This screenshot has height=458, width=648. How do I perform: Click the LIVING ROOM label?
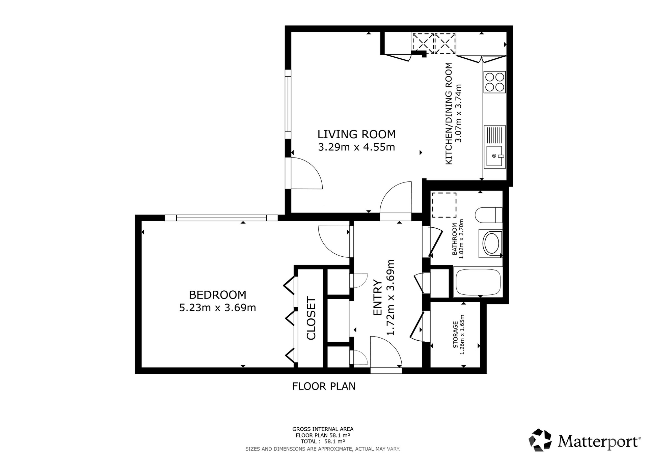[356, 134]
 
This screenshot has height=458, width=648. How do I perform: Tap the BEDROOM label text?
[217, 295]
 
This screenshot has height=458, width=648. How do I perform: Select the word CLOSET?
[311, 318]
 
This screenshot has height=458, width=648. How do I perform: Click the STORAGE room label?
[456, 335]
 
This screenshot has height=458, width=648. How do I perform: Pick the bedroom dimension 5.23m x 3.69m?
[217, 308]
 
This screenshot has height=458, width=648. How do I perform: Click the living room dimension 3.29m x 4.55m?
[356, 147]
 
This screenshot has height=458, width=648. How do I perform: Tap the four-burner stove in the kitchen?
[494, 82]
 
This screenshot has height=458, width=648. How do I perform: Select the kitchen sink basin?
[494, 156]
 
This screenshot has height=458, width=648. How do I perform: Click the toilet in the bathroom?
[488, 215]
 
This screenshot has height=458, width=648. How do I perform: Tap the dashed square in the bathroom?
[444, 205]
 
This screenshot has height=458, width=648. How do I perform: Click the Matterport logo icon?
[540, 440]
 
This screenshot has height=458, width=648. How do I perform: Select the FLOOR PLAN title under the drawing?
[324, 386]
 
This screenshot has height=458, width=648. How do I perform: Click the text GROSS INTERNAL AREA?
[323, 429]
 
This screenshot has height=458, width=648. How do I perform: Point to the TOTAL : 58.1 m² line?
[323, 441]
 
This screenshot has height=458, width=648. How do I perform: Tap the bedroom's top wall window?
[221, 218]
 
